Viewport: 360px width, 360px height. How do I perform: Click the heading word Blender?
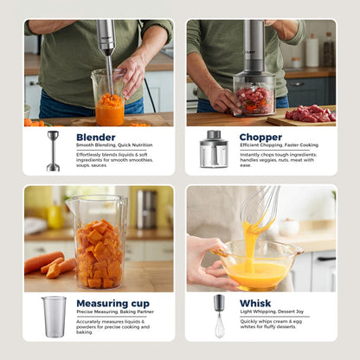[x=95, y=137]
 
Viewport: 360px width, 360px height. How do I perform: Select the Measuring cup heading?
[x=112, y=304]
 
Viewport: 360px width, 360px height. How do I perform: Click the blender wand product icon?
[x=54, y=151]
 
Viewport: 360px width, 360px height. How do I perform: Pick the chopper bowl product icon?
[x=213, y=149]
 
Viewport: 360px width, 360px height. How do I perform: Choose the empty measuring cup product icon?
[x=54, y=316]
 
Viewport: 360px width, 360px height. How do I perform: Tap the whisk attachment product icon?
[x=219, y=316]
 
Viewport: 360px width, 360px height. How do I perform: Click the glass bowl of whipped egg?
[x=258, y=267]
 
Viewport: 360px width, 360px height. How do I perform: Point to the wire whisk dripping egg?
[x=260, y=211]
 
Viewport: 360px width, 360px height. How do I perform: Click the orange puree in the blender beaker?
[x=110, y=110]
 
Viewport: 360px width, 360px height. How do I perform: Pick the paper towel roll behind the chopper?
[x=312, y=51]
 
